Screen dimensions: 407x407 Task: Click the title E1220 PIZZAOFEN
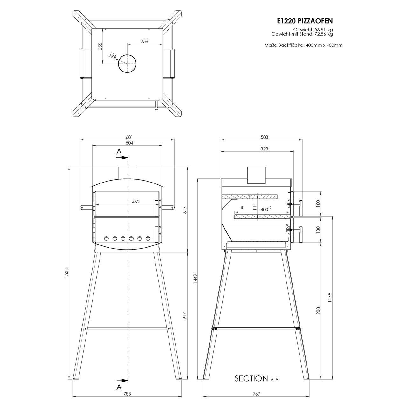[x=305, y=21]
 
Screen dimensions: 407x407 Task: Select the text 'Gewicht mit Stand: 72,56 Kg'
[x=302, y=34]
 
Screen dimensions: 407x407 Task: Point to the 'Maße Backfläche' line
[x=304, y=45]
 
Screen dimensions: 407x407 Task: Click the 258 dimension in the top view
[x=144, y=41]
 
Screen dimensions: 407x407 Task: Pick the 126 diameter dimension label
[x=113, y=56]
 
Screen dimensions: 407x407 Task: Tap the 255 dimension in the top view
[x=100, y=46]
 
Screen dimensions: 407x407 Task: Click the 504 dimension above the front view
[x=129, y=143]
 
